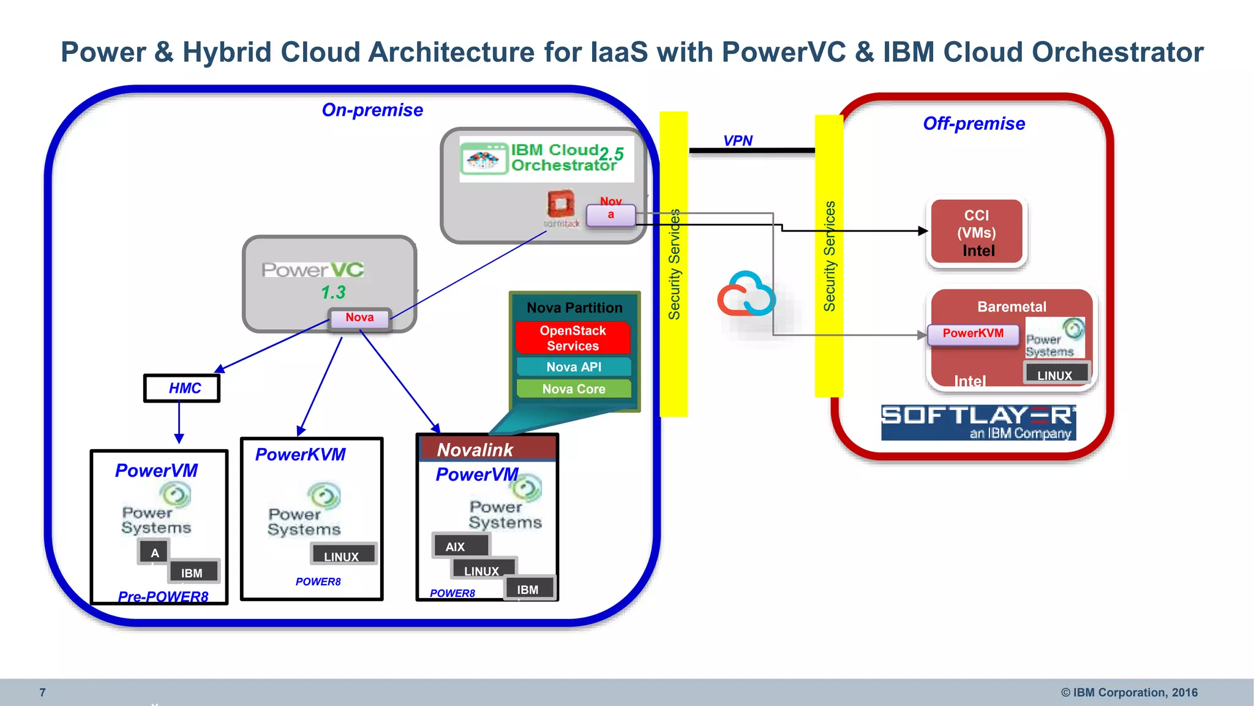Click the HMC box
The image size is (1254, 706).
click(x=182, y=389)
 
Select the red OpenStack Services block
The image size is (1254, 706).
click(x=573, y=338)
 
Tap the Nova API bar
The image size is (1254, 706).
click(x=574, y=366)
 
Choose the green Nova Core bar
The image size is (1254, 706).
click(x=574, y=389)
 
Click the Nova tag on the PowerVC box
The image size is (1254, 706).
click(x=359, y=318)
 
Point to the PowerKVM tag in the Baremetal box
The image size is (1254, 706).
click(x=973, y=334)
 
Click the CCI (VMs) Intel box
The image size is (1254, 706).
click(x=977, y=232)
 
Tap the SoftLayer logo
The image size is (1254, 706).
click(x=978, y=422)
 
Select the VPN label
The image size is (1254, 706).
click(x=738, y=140)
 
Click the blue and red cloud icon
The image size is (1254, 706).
click(x=746, y=294)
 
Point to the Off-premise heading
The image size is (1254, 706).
click(x=974, y=123)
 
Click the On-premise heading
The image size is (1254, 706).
click(x=372, y=110)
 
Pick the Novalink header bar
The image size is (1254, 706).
click(x=487, y=449)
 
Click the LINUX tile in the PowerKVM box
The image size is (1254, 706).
click(x=342, y=555)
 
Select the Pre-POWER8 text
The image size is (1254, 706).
click(x=163, y=596)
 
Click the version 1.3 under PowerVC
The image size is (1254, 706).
click(x=333, y=292)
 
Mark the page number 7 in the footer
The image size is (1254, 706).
click(x=42, y=693)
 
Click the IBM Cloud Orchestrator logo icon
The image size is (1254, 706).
click(x=484, y=159)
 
